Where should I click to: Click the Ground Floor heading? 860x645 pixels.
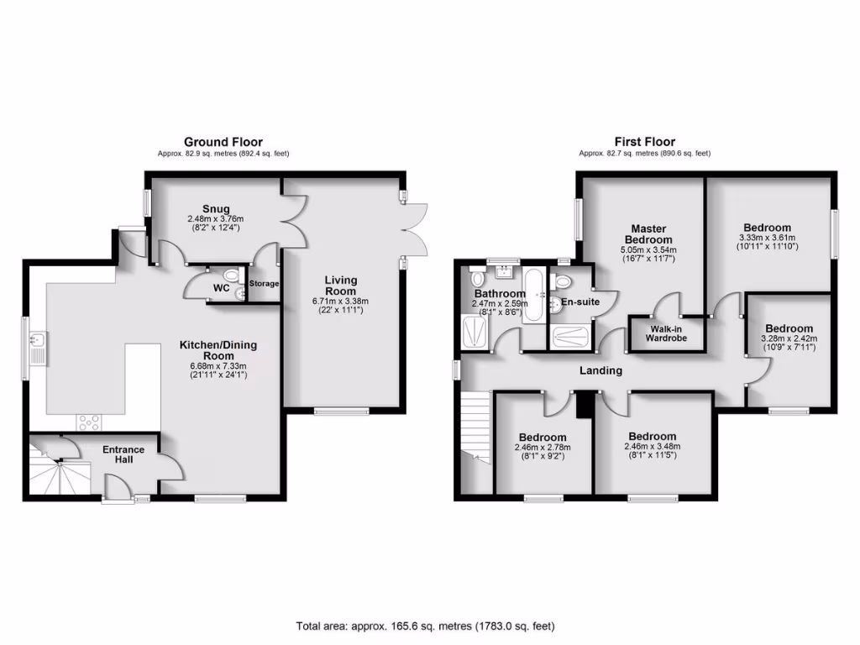(x=223, y=142)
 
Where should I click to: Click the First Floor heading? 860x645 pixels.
(x=644, y=142)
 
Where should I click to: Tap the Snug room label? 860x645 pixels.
(x=215, y=209)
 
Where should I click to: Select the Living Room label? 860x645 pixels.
(x=340, y=286)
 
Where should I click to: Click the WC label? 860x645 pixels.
(x=222, y=288)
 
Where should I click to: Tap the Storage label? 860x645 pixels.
(x=264, y=284)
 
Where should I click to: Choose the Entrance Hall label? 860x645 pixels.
(x=123, y=454)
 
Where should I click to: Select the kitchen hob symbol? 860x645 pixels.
(x=89, y=422)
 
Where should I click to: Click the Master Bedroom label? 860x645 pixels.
(x=648, y=233)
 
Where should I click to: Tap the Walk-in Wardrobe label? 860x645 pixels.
(x=666, y=333)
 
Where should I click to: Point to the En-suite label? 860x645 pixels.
(x=579, y=302)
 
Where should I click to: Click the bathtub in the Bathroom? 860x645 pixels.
(x=533, y=296)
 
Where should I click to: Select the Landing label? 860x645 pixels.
(x=600, y=370)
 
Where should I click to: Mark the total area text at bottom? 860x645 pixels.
(x=425, y=626)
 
